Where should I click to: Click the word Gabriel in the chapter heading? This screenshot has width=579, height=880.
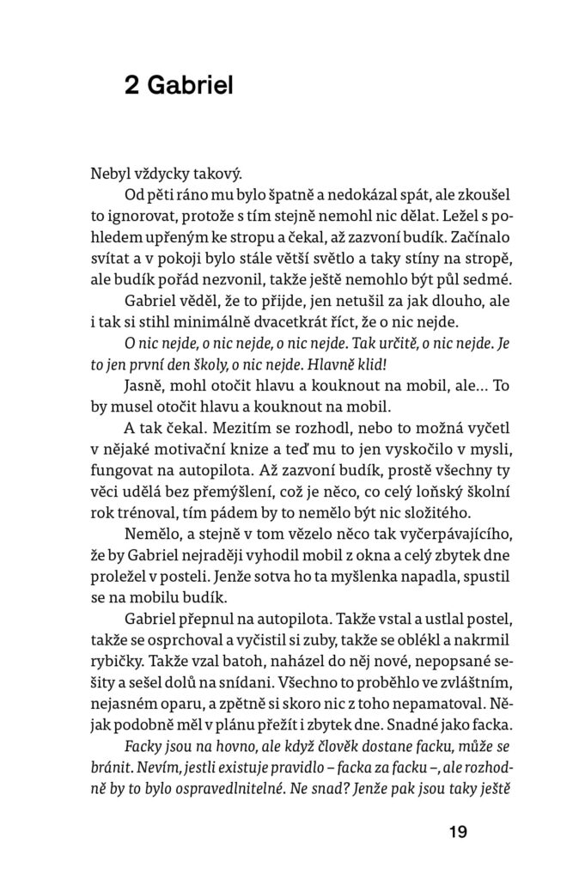190,86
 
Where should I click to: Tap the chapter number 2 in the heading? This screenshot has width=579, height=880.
131,86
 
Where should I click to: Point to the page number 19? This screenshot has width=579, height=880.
456,831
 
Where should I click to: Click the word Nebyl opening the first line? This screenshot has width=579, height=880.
109,171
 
